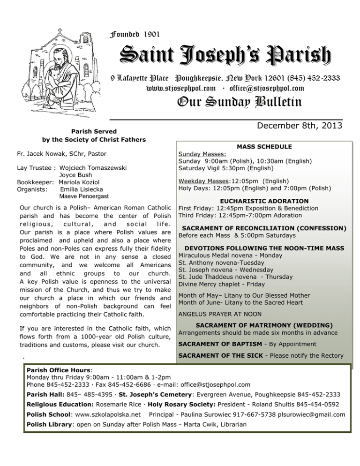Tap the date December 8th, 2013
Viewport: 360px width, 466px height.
coord(296,126)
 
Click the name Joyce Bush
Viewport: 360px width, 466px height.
coord(71,174)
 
